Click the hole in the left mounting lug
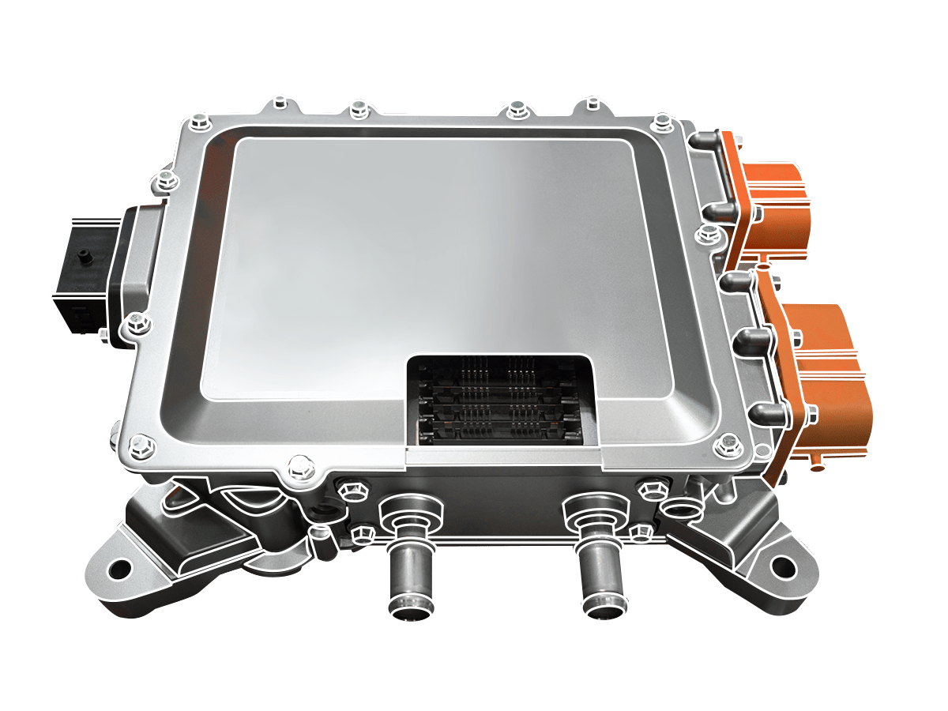coord(120,568)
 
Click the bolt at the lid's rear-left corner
coord(197,121)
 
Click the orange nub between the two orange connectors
coord(760,269)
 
